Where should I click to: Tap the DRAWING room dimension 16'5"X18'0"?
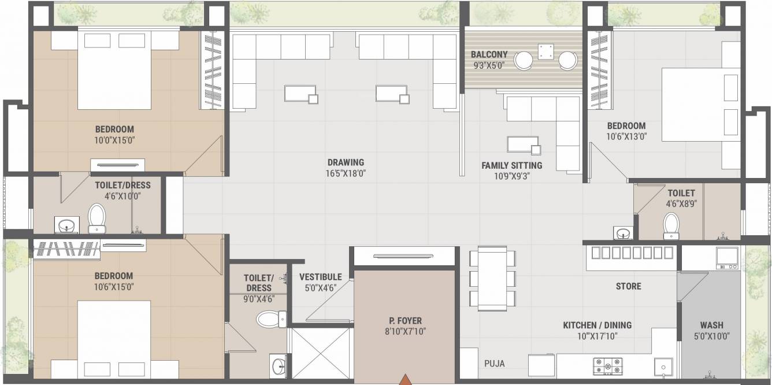pos(345,173)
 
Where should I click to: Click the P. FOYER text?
pos(404,321)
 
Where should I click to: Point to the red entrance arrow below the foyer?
pos(406,379)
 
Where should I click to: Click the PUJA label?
pos(494,364)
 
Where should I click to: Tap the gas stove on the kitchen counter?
pos(607,365)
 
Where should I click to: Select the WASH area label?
pos(711,325)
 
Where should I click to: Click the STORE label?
pos(628,286)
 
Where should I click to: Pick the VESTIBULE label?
pos(320,277)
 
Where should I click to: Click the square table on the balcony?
pos(545,52)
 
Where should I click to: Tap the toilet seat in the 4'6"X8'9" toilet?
pos(671,225)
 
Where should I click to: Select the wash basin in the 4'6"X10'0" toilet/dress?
pos(67,224)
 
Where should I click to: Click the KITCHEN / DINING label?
pos(597,325)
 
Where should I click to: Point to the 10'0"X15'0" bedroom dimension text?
pos(114,140)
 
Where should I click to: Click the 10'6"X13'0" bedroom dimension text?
pos(626,137)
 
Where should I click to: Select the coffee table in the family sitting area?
pos(522,145)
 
